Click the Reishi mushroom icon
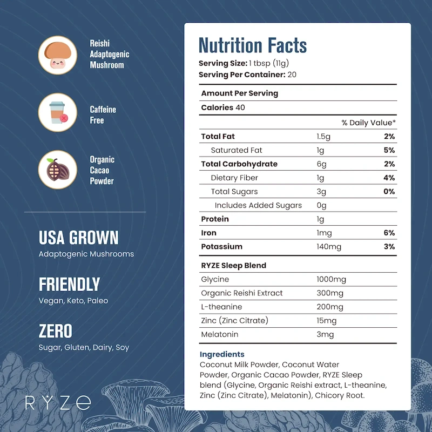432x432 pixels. pos(57,55)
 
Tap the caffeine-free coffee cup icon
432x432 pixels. pos(57,112)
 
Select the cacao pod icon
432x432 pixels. pos(57,170)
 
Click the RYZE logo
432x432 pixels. pos(58,403)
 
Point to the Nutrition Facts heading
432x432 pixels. pos(253,45)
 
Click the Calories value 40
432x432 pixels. pos(240,107)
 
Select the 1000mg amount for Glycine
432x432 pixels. pos(332,280)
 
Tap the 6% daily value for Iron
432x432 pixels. pos(389,233)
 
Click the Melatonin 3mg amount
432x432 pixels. pos(325,335)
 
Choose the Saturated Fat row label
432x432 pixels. pos(237,151)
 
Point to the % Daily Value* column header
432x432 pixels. pos(369,123)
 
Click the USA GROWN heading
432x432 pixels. pos(79,238)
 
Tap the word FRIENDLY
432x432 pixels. pos(70,284)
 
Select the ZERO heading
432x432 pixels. pos(56,331)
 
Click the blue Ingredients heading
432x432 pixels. pos(222,355)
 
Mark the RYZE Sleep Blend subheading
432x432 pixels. pos(233,266)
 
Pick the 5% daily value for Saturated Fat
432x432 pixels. pos(389,151)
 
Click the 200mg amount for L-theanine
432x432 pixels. pos(330,307)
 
